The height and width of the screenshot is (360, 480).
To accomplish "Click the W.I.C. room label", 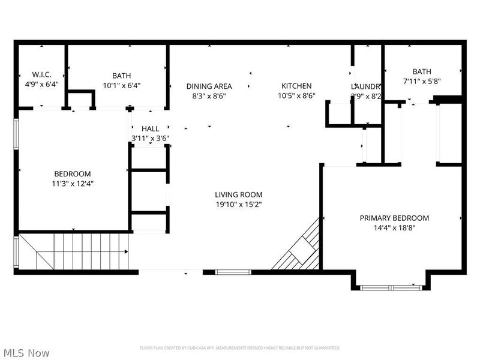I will coord(41,75).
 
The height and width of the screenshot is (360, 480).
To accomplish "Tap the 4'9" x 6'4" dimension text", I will coord(41,85).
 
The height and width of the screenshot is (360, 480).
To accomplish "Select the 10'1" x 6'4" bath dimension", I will coord(121,85).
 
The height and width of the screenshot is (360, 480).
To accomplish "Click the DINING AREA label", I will coord(209,86).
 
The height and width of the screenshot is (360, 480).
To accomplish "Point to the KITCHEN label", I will coord(296,86).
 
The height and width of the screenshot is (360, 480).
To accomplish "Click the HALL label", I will coord(150,129).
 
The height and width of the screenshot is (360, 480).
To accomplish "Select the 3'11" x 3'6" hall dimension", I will coord(150,138).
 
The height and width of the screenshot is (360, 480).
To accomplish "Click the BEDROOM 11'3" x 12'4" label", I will coord(73,174).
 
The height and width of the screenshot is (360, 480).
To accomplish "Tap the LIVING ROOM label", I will coord(239,194).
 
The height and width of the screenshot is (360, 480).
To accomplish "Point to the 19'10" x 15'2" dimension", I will coord(239,204).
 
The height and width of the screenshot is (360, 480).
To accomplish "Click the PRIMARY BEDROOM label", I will coord(394,218).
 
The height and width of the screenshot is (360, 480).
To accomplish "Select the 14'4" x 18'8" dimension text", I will coord(394,228).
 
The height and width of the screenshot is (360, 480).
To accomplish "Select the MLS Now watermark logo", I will coord(26,353).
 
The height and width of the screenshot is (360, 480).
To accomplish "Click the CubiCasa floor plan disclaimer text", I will coord(240,348).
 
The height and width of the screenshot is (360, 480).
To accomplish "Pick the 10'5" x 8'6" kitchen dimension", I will coord(296,95).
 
